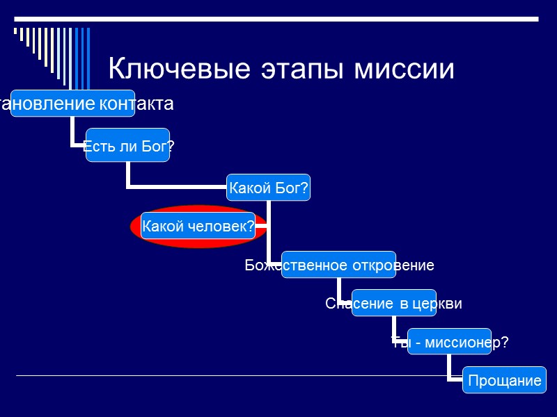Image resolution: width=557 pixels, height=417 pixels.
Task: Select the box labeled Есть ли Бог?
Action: coord(128,145)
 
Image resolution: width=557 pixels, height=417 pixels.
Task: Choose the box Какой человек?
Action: coord(198,226)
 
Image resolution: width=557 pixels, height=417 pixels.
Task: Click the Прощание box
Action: coord(505,380)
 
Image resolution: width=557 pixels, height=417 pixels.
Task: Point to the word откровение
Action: coord(393,265)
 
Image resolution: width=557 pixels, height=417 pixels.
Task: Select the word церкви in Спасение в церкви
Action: coord(438,304)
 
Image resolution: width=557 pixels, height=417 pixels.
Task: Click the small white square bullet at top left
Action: coord(16,31)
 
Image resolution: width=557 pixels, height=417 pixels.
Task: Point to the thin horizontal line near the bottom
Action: coord(230,376)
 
